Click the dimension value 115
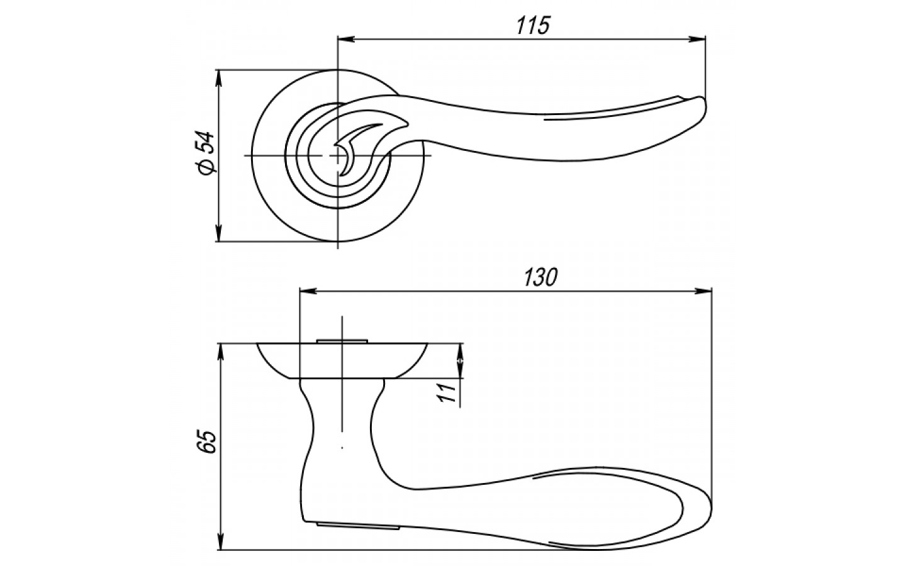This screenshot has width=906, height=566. pyautogui.click(x=533, y=25)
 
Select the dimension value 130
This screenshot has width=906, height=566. pyautogui.click(x=541, y=277)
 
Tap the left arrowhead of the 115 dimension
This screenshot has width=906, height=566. pyautogui.click(x=347, y=39)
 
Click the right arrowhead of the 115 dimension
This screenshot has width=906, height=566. pyautogui.click(x=697, y=39)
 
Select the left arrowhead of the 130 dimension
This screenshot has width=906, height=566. pyautogui.click(x=308, y=291)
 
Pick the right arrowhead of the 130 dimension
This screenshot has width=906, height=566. pyautogui.click(x=703, y=291)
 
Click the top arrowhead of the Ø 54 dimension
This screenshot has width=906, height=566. pyautogui.click(x=219, y=79)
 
